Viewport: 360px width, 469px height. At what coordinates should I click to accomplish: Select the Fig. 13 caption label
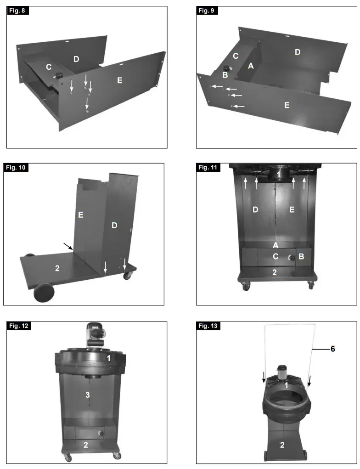tap(208, 326)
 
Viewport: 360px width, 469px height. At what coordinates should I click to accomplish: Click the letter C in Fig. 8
tap(48, 67)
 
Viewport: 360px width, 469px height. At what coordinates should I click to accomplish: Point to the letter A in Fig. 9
tap(250, 66)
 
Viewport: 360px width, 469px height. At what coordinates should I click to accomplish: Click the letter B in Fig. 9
tap(225, 75)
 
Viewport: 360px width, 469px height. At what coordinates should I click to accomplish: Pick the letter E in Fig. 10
tap(81, 215)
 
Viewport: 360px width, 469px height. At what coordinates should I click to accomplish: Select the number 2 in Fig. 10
tap(57, 268)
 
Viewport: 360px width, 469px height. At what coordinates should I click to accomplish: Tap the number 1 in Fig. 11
tap(277, 175)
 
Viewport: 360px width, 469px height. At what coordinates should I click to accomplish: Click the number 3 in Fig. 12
tap(87, 394)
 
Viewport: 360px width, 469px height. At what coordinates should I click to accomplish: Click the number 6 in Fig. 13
tap(333, 349)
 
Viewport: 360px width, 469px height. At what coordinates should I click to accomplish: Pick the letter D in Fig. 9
tap(298, 52)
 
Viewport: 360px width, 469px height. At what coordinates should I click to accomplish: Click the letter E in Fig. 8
tap(119, 80)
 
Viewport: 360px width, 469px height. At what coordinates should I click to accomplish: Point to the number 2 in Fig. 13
tap(283, 445)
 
